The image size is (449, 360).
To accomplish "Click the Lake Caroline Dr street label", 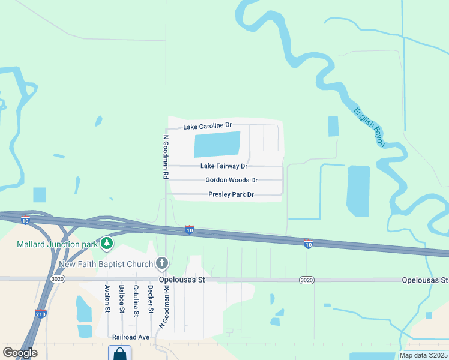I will pos(207,127).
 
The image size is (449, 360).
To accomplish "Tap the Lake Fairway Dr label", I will pos(224,166).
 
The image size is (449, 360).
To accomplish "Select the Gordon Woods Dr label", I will pos(231,180).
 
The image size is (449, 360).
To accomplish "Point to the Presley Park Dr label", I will pos(231,194).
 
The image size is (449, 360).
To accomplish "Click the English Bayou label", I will pos(369,126).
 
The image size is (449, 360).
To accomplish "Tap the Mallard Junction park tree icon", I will pos(107,243).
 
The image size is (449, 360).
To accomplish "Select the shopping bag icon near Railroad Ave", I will pos(119,353).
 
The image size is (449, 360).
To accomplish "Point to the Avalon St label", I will pos(107,298).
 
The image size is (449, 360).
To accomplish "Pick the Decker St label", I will pos(151,298).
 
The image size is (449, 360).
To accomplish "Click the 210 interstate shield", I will pos(41,313).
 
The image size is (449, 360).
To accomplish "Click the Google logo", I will pos(20,353).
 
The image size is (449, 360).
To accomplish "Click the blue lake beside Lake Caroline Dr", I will pos(217,144).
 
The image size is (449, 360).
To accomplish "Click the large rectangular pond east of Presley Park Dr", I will pos(358,191).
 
